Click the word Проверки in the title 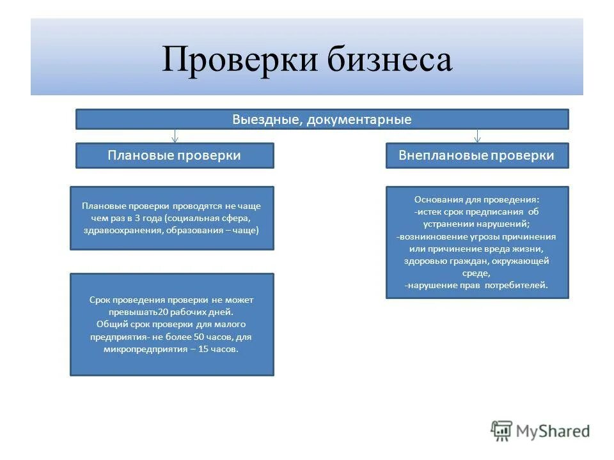coord(240,60)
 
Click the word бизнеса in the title coord(390,60)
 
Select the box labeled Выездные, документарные coord(322,119)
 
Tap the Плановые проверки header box coord(175,155)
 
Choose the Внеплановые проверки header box coord(476,155)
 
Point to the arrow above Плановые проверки coord(175,136)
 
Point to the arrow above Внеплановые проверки coord(477,136)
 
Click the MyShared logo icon coord(502,431)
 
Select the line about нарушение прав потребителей coord(477,286)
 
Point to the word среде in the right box coord(476,273)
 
